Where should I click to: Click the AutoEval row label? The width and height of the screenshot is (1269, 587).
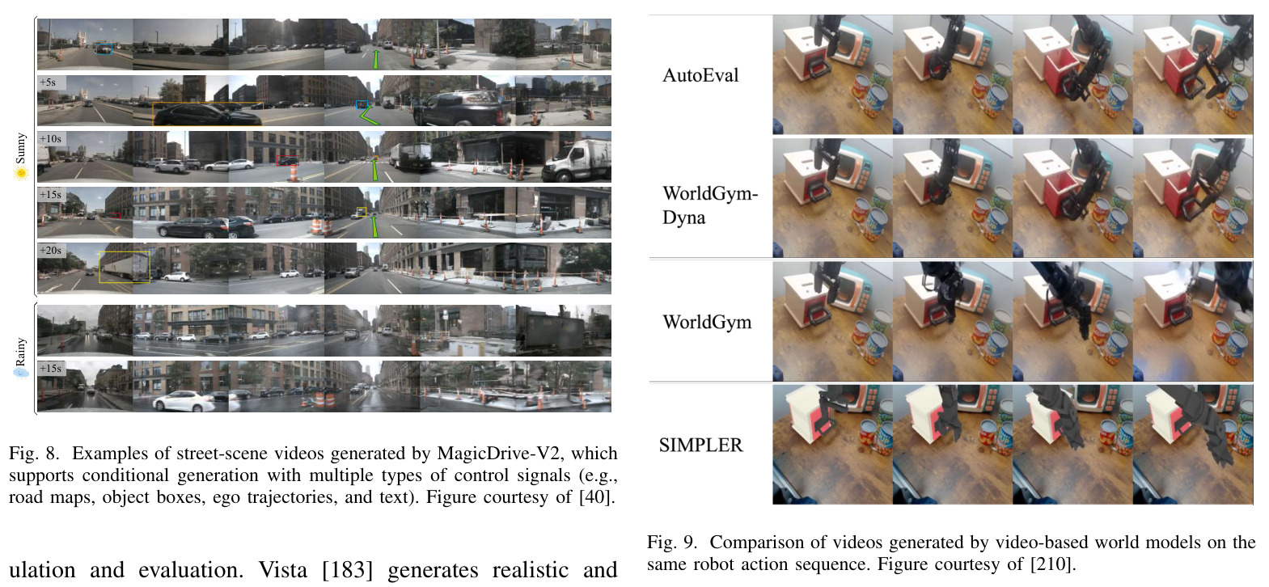click(700, 75)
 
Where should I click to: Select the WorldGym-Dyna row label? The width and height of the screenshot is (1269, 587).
click(710, 205)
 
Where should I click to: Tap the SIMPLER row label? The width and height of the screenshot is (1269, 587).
click(700, 446)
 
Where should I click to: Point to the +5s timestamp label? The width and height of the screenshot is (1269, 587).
click(48, 82)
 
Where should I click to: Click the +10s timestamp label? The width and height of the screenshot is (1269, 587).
click(50, 138)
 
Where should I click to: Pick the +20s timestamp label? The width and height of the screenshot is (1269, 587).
click(50, 250)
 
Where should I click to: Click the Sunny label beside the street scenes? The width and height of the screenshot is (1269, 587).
click(21, 149)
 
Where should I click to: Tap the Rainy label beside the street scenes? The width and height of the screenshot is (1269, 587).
click(21, 352)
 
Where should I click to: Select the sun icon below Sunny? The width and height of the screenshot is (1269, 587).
click(21, 173)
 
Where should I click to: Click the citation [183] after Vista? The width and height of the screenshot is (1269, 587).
click(347, 570)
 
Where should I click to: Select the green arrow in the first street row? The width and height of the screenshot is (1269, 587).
click(374, 59)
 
